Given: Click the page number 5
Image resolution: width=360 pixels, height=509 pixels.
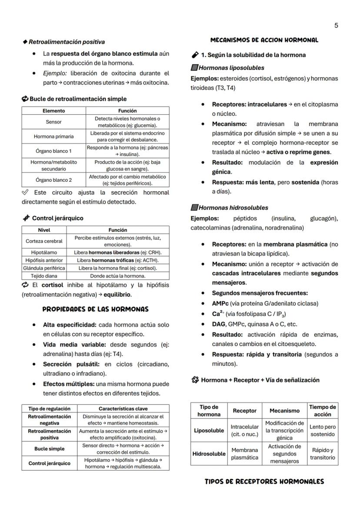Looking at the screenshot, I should (336, 26).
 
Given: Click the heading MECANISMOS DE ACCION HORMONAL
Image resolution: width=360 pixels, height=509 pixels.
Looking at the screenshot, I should (264, 40).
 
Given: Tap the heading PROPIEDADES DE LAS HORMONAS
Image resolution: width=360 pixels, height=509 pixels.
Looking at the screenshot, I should (95, 309).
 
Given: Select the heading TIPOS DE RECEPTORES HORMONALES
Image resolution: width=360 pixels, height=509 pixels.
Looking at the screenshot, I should (264, 482).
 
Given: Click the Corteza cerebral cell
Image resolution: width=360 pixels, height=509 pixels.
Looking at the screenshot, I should (44, 241).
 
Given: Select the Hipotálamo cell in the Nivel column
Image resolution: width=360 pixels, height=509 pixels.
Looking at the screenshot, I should (44, 252).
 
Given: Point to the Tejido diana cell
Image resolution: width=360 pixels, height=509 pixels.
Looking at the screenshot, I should (44, 276).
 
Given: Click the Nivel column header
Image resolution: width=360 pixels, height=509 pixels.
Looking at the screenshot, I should (44, 230).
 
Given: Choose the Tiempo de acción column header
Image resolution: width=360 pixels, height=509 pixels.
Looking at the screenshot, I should (322, 410).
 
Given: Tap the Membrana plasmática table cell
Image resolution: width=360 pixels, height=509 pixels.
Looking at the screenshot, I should (245, 453).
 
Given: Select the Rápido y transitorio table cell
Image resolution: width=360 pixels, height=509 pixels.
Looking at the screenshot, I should (322, 453).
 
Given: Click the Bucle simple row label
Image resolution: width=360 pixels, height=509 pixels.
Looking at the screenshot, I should (50, 449).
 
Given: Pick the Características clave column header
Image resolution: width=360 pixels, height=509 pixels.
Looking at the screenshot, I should (123, 409).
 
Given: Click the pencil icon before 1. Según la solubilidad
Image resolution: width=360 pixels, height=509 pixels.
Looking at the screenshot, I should (195, 55).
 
